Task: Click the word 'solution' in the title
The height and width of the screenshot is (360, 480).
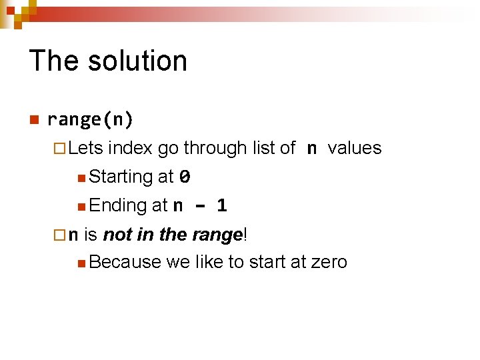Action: click(x=138, y=61)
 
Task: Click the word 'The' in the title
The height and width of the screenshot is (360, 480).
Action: click(x=53, y=61)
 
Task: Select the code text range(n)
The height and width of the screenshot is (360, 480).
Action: click(x=91, y=120)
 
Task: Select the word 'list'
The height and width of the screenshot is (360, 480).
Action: click(x=265, y=148)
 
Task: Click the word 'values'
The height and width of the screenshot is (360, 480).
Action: click(x=355, y=148)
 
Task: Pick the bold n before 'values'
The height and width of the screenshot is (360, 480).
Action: click(x=311, y=149)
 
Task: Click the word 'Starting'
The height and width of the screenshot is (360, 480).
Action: click(x=121, y=177)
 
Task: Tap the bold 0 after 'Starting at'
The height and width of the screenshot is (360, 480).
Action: click(x=185, y=177)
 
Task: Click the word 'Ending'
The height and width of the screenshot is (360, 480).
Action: click(x=117, y=205)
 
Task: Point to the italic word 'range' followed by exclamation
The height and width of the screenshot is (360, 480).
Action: click(x=216, y=235)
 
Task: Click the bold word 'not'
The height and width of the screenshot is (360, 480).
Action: click(x=117, y=235)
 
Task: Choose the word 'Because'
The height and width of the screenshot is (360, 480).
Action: click(x=125, y=262)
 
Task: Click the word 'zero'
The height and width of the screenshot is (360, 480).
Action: click(x=329, y=262)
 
